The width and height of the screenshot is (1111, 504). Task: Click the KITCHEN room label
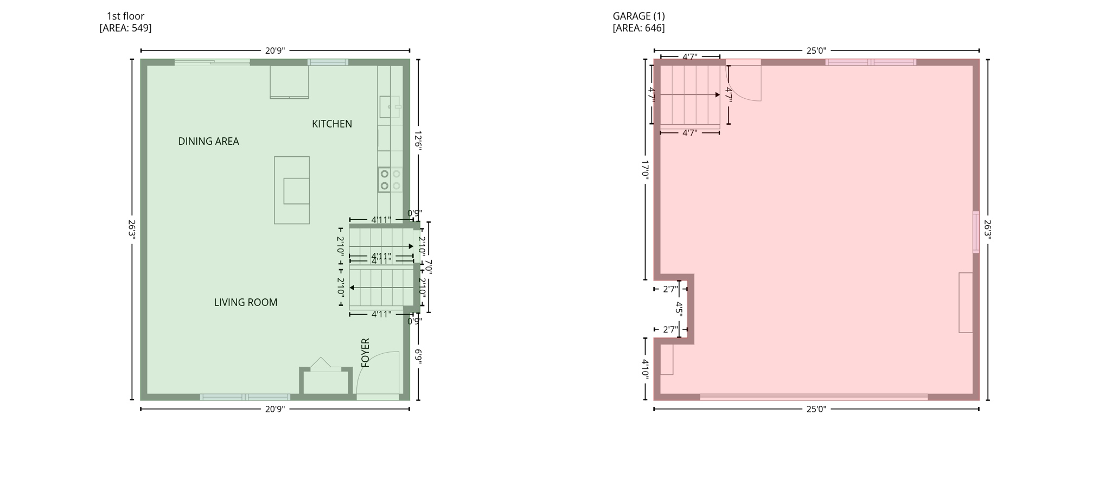point(331,124)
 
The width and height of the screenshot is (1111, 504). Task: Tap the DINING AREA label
point(208,142)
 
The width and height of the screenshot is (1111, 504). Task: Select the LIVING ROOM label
point(245,303)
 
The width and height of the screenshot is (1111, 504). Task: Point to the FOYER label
point(365,353)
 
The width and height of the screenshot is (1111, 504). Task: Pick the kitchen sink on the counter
point(390,107)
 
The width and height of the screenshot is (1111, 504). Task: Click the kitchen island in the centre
point(292,190)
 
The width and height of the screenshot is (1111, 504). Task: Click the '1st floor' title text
point(125,16)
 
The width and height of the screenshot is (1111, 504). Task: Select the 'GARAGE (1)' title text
point(638,16)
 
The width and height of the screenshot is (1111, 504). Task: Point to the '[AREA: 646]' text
point(638,28)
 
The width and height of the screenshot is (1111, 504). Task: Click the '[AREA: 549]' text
point(125,28)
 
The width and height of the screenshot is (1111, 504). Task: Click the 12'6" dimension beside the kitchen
point(418,139)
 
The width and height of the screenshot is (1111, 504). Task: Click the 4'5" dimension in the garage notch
point(679,309)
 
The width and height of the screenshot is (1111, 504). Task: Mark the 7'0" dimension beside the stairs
point(429,266)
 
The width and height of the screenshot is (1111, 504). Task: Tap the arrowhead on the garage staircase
point(717,95)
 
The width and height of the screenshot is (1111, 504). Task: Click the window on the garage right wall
point(976,232)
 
